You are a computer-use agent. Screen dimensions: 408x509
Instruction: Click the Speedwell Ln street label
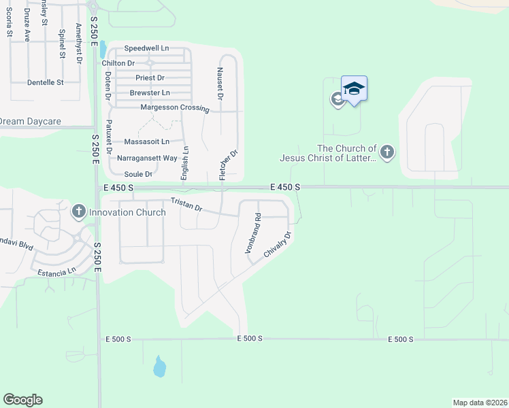tap(146, 49)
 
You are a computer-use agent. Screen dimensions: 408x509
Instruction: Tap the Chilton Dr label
tap(119, 63)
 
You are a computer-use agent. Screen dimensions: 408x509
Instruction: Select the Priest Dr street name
tap(150, 78)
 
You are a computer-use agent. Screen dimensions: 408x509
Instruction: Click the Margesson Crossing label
tap(174, 107)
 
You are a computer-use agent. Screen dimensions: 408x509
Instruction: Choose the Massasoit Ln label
tap(146, 142)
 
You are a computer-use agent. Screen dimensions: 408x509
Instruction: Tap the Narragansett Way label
tap(147, 158)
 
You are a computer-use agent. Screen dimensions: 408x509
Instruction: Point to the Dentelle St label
tap(45, 82)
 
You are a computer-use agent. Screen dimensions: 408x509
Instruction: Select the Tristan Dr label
tap(186, 203)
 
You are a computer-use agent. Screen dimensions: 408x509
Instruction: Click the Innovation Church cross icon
tap(78, 212)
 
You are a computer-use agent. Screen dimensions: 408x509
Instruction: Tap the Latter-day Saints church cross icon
tap(387, 152)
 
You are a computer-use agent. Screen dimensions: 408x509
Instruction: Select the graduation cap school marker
tap(354, 89)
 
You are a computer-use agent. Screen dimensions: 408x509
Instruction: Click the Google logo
tap(22, 400)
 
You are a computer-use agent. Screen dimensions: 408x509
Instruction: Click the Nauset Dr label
tap(220, 83)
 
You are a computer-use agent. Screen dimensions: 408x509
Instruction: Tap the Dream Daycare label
tap(30, 121)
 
